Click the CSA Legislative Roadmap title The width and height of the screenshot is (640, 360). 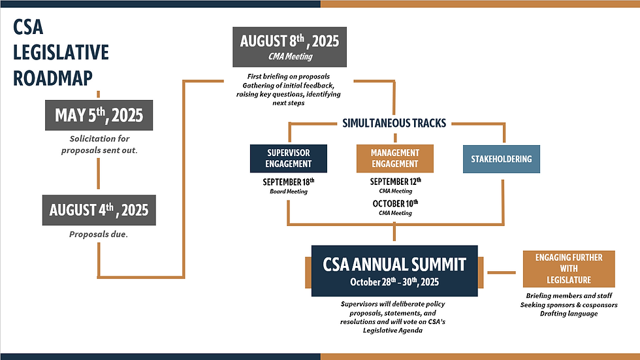[61, 52]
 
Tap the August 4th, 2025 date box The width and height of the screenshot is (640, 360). [99, 210]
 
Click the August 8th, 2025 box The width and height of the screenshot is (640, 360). [289, 47]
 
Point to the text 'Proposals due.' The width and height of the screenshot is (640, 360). [99, 235]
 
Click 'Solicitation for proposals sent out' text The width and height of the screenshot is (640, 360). [99, 144]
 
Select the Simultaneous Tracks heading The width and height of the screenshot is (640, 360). [394, 123]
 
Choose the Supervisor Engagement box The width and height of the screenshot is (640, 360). [289, 159]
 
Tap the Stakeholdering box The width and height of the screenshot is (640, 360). [501, 159]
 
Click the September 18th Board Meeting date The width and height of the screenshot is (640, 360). [289, 181]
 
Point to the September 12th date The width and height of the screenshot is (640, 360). [395, 181]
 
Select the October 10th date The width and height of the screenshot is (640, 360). [395, 203]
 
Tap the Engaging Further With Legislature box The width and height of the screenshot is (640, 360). [569, 269]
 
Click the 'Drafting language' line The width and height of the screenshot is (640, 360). [568, 314]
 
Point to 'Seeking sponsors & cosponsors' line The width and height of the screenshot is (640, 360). [568, 304]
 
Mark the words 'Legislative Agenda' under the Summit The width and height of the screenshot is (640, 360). [394, 331]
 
